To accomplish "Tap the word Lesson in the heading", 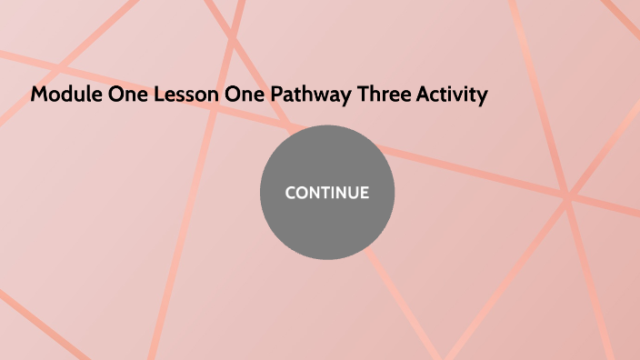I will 175,95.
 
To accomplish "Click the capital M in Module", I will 38,95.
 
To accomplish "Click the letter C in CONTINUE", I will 290,193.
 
